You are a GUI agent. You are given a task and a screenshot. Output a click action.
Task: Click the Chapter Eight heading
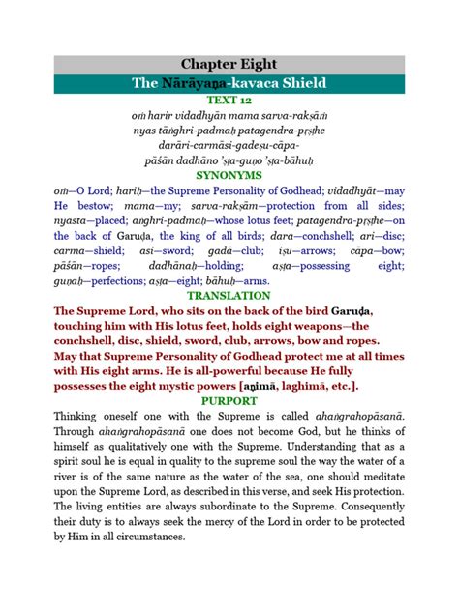tap(229, 65)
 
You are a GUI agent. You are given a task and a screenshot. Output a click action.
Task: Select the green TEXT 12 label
tap(229, 100)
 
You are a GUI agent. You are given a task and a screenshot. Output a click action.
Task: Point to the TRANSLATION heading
tap(229, 295)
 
